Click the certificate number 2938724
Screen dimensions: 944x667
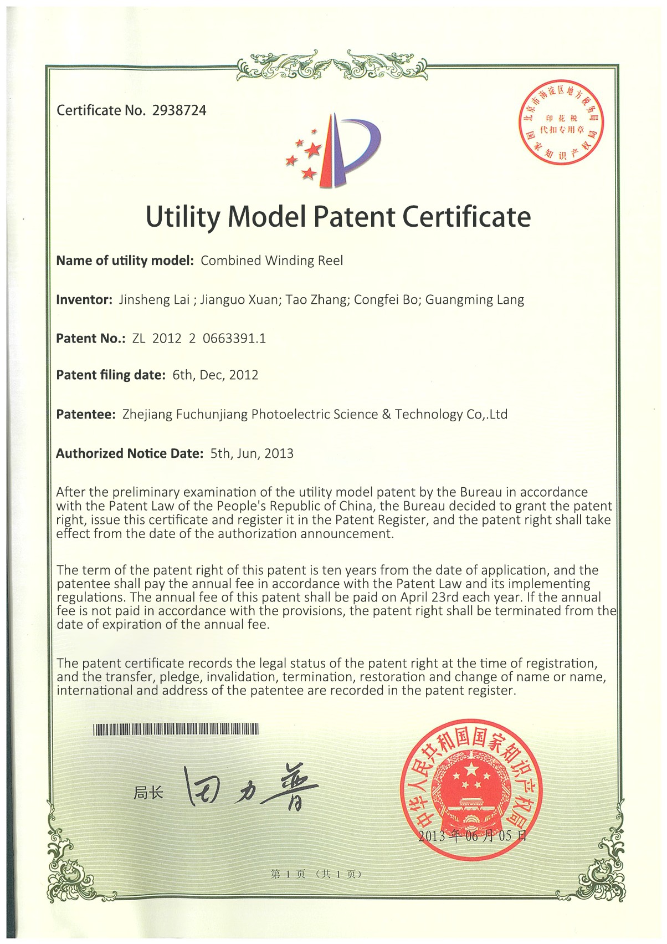179,110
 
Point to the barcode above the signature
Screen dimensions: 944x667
176,729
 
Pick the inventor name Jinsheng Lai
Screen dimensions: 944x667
155,300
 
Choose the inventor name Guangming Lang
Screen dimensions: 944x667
475,300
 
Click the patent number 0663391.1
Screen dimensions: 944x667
234,338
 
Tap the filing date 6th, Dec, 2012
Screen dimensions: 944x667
216,375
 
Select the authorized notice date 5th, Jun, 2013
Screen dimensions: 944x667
252,453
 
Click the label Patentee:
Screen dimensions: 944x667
85,414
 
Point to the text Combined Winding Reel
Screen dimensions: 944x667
272,261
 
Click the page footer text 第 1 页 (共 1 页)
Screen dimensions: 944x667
316,874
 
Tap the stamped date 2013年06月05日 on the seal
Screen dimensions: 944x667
472,836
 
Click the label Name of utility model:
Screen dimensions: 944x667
125,261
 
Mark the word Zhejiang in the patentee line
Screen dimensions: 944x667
147,415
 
